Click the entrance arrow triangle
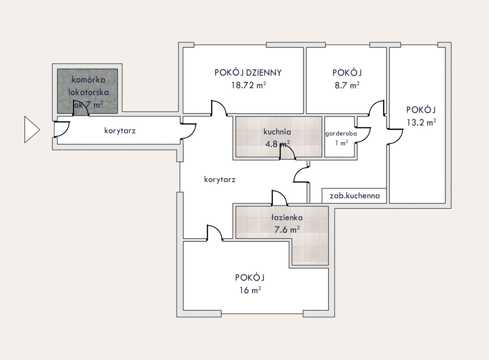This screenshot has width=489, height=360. point(32,130)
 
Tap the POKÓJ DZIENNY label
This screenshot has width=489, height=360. point(248,73)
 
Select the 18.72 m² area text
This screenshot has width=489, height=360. point(249,85)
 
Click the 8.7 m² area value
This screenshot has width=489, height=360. point(347,85)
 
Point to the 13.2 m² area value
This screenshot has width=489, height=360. point(421,122)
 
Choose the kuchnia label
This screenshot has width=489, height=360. point(277,132)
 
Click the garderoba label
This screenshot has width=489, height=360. point(341,133)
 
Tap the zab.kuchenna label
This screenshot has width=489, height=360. point(355,196)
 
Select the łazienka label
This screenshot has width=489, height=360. point(287,217)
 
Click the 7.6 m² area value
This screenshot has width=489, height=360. point(287,230)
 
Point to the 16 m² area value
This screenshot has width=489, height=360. point(250,290)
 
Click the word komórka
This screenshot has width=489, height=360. point(88,80)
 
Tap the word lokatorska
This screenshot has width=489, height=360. point(88,92)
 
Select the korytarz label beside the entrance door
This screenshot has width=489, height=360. point(120,130)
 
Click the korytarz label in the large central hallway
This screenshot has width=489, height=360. point(220,179)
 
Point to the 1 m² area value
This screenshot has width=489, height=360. point(341,143)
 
